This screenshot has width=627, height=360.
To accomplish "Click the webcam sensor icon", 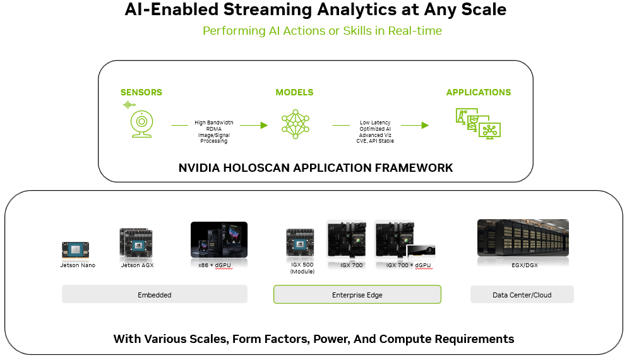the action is pyautogui.click(x=141, y=124).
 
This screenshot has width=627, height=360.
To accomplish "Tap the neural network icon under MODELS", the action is pyautogui.click(x=295, y=124).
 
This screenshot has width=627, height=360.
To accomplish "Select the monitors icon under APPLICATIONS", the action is pyautogui.click(x=478, y=124).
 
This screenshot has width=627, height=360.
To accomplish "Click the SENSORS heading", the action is pyautogui.click(x=141, y=92).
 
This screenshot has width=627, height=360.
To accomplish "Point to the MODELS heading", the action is pyautogui.click(x=294, y=92).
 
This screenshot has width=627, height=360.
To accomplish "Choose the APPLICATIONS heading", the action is pyautogui.click(x=478, y=92).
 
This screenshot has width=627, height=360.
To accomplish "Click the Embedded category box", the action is pyautogui.click(x=154, y=294).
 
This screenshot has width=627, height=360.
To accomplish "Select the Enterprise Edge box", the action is pyautogui.click(x=357, y=294).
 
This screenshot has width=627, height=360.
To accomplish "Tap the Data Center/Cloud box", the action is pyautogui.click(x=522, y=294).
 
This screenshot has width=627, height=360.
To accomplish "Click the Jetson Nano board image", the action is pyautogui.click(x=75, y=250).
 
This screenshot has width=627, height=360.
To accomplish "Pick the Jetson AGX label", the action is pyautogui.click(x=137, y=265).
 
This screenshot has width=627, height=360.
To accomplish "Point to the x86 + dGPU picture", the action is pyautogui.click(x=219, y=239).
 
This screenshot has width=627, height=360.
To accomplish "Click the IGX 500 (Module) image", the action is pyautogui.click(x=300, y=243).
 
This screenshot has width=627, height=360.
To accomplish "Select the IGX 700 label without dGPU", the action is pyautogui.click(x=352, y=265).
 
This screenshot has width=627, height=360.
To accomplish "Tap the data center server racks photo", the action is pyautogui.click(x=523, y=237).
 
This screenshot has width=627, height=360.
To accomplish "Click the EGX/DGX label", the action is pyautogui.click(x=525, y=265).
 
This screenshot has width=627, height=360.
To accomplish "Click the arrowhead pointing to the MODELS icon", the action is pyautogui.click(x=264, y=125).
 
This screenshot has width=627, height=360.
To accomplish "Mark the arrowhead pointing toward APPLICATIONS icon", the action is pyautogui.click(x=425, y=125).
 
